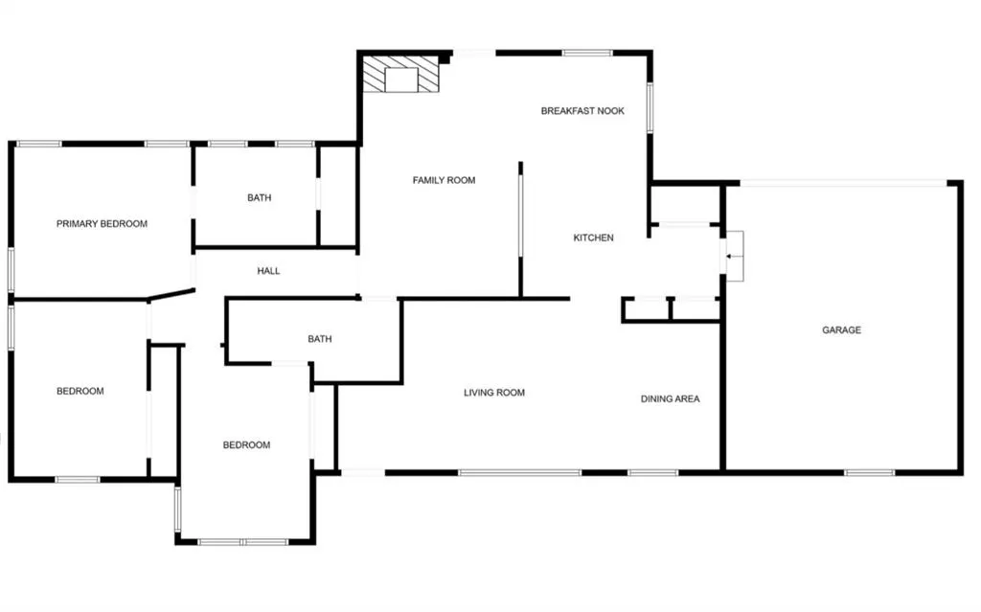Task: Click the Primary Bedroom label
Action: click(x=102, y=224)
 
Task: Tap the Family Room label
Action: click(x=444, y=180)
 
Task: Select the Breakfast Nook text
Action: click(x=582, y=111)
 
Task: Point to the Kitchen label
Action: click(x=593, y=238)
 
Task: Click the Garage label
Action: click(x=841, y=330)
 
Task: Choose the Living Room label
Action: click(x=494, y=393)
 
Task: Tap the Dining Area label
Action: click(x=670, y=398)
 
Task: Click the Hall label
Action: click(x=268, y=271)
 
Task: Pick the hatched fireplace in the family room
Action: click(x=401, y=75)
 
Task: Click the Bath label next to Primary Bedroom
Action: click(x=259, y=198)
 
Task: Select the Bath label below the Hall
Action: click(x=319, y=339)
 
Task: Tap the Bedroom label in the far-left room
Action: click(x=80, y=391)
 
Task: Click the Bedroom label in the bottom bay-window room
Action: click(x=246, y=444)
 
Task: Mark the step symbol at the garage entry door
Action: click(x=735, y=256)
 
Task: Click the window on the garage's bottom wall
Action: click(x=870, y=472)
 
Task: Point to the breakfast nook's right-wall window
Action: click(x=650, y=107)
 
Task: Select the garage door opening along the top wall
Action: click(x=843, y=182)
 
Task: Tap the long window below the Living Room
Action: click(x=519, y=472)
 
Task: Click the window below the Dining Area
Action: click(x=653, y=472)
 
